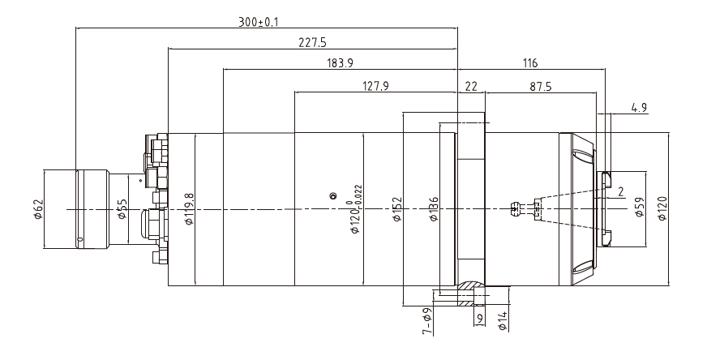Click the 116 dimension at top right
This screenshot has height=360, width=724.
tap(530, 62)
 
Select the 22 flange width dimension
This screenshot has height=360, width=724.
tap(471, 84)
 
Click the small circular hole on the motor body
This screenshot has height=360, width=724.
tap(332, 195)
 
